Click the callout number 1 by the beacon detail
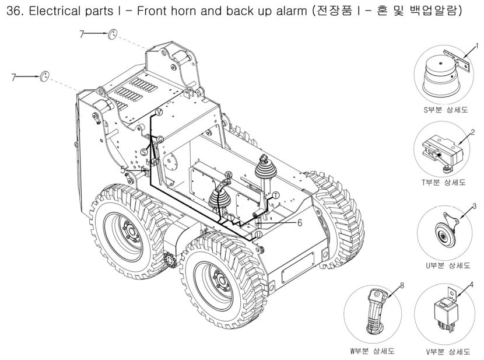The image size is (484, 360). pos(477,46)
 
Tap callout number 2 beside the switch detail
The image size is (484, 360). pos(472,132)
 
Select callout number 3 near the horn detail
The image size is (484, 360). pos(475,206)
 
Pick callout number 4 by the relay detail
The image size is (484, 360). pos(471,284)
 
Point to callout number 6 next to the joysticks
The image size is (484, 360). pos(300,223)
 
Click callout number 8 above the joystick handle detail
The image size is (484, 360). pos(402,285)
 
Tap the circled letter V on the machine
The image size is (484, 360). pos(159,113)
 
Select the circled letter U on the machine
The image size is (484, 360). pos(259,235)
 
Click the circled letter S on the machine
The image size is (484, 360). pos(144,152)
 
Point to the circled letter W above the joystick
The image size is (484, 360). pos(228,175)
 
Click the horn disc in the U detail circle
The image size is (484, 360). pos(445,235)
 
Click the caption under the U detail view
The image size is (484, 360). pos(448,265)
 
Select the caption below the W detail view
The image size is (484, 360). pos(372,351)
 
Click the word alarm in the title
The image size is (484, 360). pos(292,11)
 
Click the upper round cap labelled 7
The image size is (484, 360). pos(113,34)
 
